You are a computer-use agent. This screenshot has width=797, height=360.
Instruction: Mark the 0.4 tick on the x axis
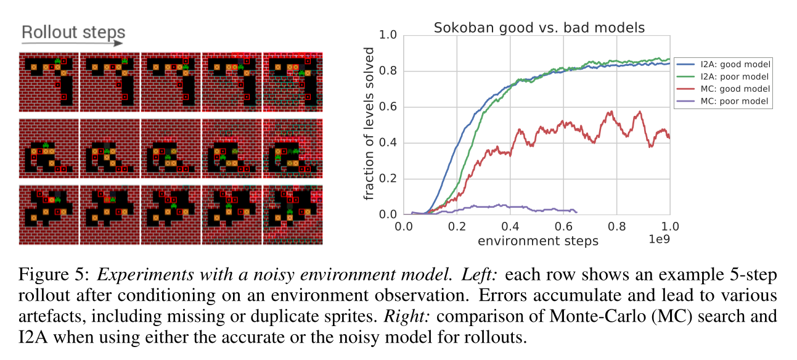point(510,226)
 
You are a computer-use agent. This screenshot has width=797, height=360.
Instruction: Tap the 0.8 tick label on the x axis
point(616,226)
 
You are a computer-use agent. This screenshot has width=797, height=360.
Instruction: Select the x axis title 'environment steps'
point(537,240)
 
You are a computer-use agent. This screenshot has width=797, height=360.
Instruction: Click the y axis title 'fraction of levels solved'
point(369,125)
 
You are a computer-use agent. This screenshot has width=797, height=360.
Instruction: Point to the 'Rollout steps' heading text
point(73,32)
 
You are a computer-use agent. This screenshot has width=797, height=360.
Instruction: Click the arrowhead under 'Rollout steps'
point(119,44)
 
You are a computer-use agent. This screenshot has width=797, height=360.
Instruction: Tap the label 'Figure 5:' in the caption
point(47,273)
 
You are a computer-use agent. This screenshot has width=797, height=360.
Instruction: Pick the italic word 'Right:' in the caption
point(403,316)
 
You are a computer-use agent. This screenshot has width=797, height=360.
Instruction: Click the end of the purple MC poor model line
point(576,211)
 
